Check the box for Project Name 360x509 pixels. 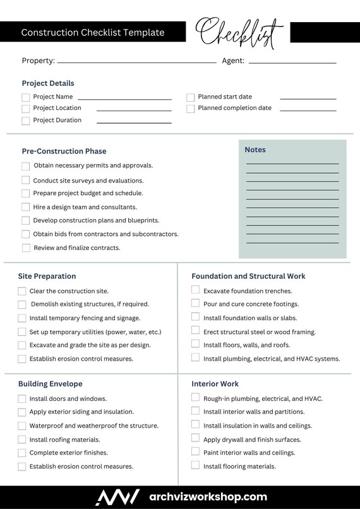click(26, 97)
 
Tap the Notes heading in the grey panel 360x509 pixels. click(255, 150)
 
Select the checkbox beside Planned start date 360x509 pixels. click(190, 97)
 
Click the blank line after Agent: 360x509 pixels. click(292, 63)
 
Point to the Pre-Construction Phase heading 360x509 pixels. click(64, 151)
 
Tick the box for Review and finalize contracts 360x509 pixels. click(26, 248)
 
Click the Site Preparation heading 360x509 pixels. click(47, 276)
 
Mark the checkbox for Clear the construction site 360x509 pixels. click(22, 291)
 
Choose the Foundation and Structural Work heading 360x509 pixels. click(248, 276)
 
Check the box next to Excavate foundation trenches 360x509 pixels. click(196, 290)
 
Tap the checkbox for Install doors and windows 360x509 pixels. click(22, 398)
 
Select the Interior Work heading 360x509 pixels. click(215, 383)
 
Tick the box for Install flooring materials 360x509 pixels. click(196, 466)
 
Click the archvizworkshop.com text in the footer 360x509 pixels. click(208, 497)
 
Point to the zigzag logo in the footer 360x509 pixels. click(117, 497)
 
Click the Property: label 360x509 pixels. click(38, 61)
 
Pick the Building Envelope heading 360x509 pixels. click(50, 383)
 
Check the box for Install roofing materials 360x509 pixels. click(22, 440)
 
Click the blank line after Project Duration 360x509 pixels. click(134, 122)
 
